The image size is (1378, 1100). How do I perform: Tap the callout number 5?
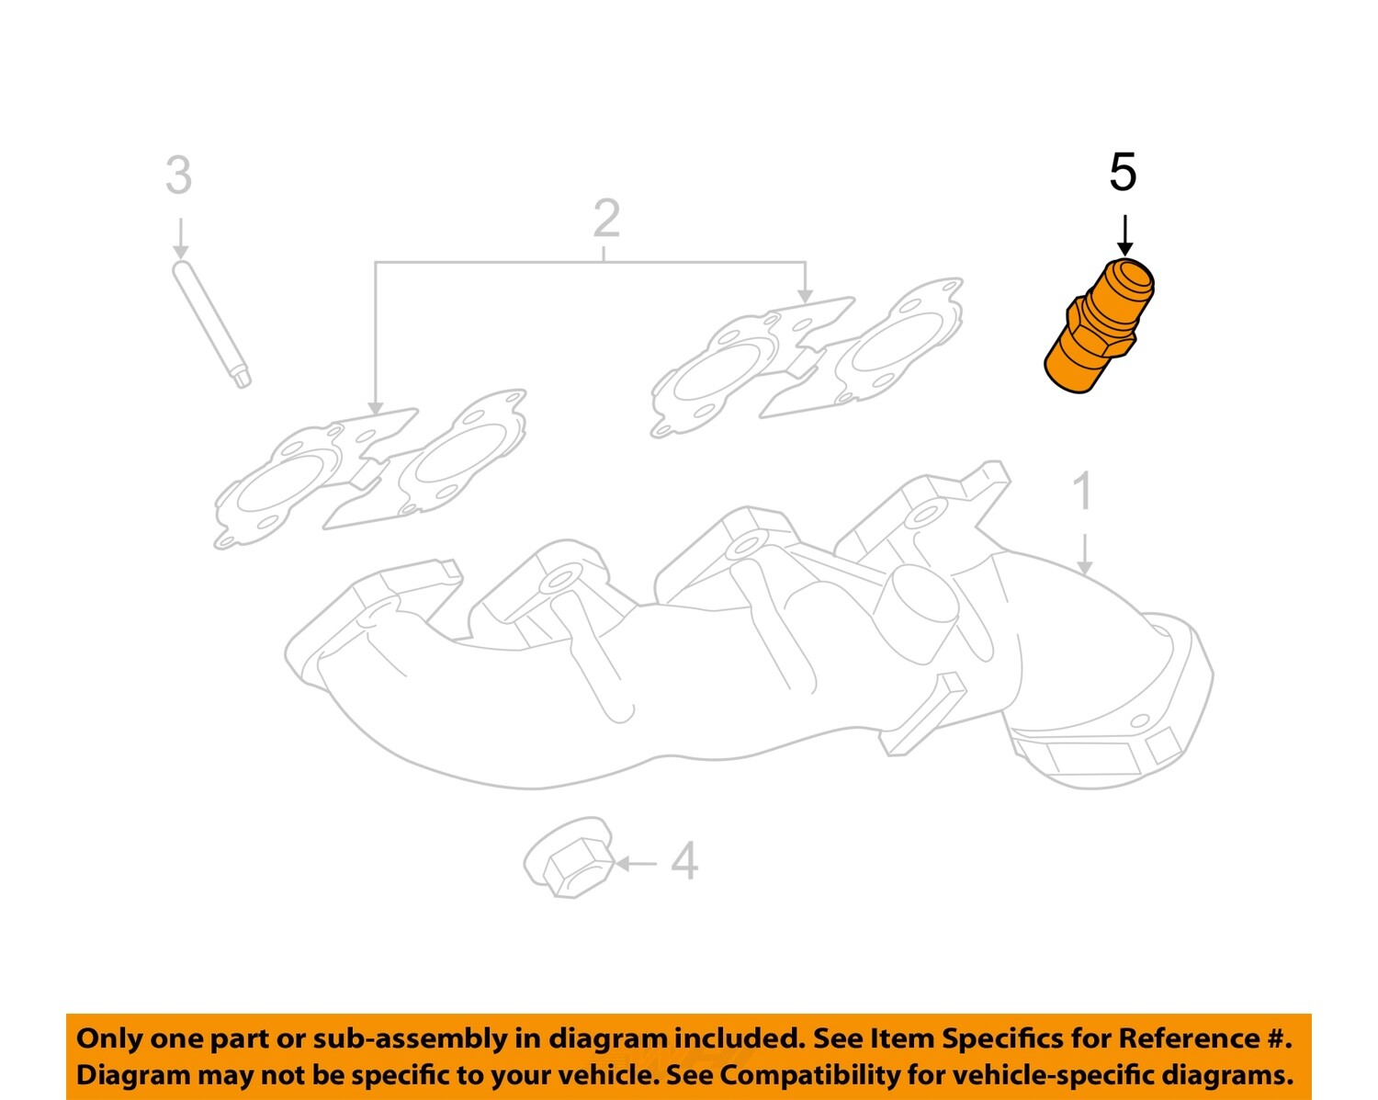[x=1123, y=173]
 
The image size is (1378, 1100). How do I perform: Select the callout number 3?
[x=178, y=176]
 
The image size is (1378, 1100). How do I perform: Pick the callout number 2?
[x=606, y=219]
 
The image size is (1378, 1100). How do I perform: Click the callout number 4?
[x=684, y=862]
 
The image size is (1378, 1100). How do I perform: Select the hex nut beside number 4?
[x=569, y=859]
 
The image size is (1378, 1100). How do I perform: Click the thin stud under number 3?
[x=211, y=323]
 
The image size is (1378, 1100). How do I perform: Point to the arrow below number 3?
[x=180, y=238]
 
